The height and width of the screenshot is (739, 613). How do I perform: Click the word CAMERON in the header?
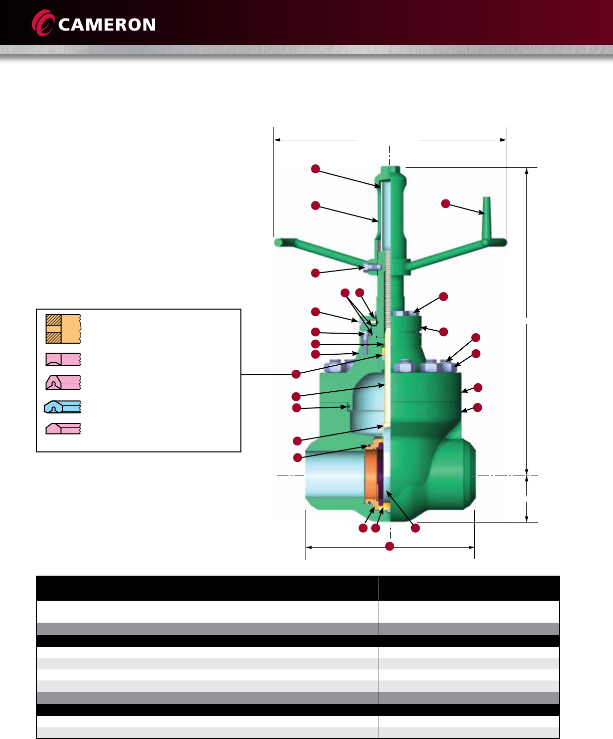pyautogui.click(x=107, y=25)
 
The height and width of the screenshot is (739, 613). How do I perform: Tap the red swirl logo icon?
pyautogui.click(x=43, y=23)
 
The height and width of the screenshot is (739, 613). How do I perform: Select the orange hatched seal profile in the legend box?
pyautogui.click(x=63, y=329)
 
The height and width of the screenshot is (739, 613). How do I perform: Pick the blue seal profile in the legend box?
pyautogui.click(x=63, y=407)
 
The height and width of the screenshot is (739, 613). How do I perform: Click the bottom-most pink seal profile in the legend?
pyautogui.click(x=63, y=428)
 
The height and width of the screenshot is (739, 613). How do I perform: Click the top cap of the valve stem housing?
pyautogui.click(x=390, y=173)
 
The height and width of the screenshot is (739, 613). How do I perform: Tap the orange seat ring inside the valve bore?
pyautogui.click(x=371, y=475)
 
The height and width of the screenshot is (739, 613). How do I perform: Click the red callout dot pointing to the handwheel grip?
pyautogui.click(x=445, y=203)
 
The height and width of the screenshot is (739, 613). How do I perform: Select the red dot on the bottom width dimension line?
pyautogui.click(x=390, y=546)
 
